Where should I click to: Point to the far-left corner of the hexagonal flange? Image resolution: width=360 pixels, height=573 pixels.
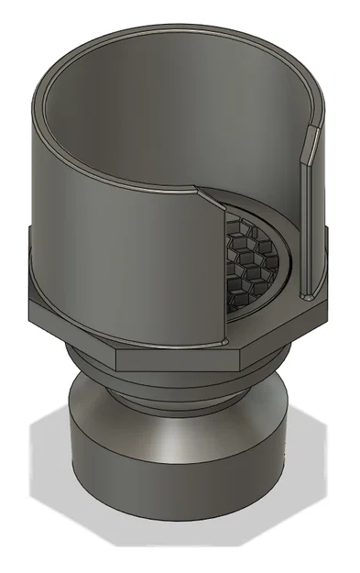click(29, 305)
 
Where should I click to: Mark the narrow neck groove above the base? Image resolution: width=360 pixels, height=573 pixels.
click(174, 396)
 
